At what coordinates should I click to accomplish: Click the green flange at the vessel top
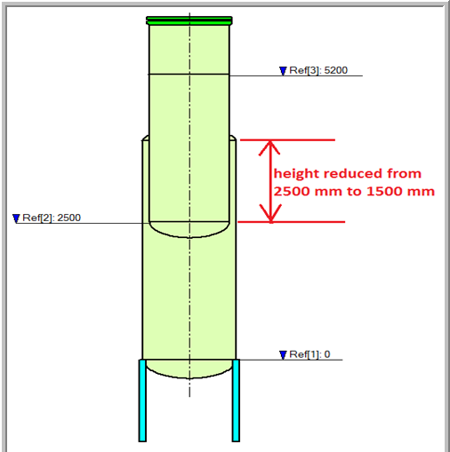tap(189, 20)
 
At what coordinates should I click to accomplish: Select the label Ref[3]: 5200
tap(318, 70)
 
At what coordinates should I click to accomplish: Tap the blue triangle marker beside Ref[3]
tap(283, 71)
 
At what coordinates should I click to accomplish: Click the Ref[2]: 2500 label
tap(52, 218)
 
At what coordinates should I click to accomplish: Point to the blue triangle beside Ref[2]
tap(16, 218)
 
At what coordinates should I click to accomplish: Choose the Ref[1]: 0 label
tap(309, 354)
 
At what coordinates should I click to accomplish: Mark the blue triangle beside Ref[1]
tap(283, 355)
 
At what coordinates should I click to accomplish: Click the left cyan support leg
tap(142, 400)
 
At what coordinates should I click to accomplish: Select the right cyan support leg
tap(236, 400)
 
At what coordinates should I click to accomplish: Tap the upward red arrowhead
tap(269, 147)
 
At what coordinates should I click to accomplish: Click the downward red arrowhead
tap(270, 213)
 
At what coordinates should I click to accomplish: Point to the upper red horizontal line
tap(287, 139)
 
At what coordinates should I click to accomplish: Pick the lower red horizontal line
tap(291, 222)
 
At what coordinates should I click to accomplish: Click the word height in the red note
tap(296, 174)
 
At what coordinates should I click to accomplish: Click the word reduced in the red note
tap(352, 173)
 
